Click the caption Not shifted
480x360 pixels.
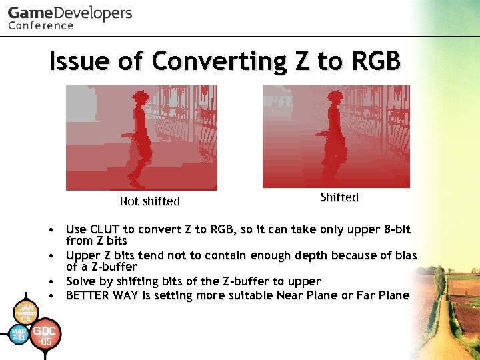tap(149, 201)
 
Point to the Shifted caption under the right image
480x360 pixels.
tap(339, 197)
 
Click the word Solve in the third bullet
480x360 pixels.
tap(81, 282)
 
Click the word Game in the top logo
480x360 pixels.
tap(28, 13)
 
